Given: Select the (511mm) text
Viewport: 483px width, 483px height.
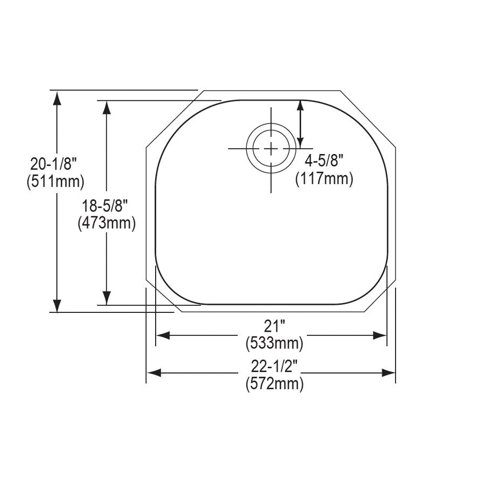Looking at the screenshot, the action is (x=55, y=182).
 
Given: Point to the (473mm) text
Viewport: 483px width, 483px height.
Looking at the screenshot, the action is (x=107, y=223).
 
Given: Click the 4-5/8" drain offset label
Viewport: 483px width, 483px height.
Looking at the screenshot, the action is (x=324, y=160).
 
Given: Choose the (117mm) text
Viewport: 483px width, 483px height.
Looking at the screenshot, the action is (x=324, y=179).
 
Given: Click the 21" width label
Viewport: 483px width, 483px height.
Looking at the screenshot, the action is (x=274, y=326).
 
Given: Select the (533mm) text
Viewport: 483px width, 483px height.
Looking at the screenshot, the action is (x=274, y=343).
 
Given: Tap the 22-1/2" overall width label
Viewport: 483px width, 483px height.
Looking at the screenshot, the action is (x=274, y=366).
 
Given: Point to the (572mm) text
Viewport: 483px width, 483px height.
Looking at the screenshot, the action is (x=274, y=384).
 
